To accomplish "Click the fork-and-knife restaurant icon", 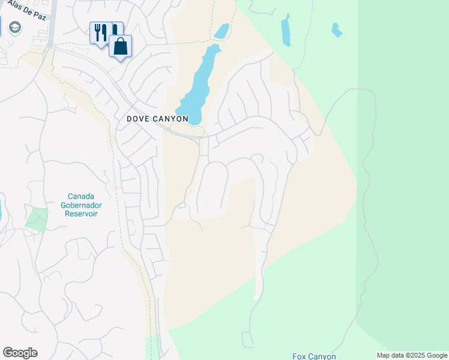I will (100, 32).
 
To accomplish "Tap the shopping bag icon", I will (120, 46).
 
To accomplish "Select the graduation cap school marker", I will (14, 28).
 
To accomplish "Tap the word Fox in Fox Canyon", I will (300, 356).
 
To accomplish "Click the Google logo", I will (20, 353).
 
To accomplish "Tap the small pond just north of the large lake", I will (221, 31).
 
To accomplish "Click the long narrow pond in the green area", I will (286, 31).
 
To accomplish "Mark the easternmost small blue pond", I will (337, 29).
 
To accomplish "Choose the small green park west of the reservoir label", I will (37, 218).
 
